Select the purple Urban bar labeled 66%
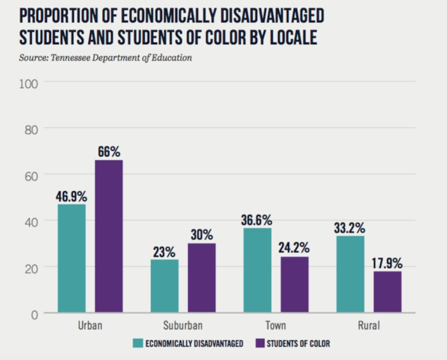pos(108,236)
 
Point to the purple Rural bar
pos(387,292)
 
